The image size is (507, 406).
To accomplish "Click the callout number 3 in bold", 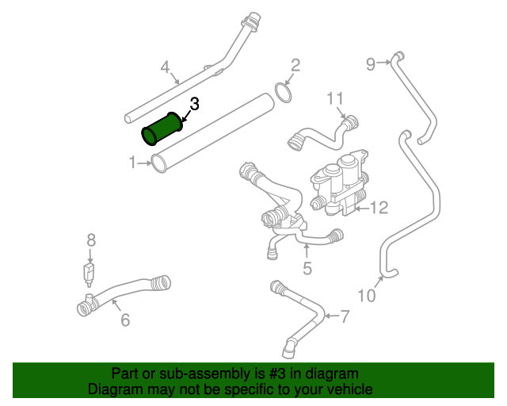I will click(x=195, y=104).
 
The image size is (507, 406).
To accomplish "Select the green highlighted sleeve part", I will click(x=162, y=129).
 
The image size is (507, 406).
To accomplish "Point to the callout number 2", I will click(x=295, y=65).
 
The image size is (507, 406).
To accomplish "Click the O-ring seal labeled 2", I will click(x=283, y=96).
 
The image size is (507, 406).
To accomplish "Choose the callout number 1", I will click(x=133, y=163).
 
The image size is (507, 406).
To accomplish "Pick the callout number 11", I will click(x=336, y=98).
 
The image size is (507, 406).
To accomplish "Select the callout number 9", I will click(x=371, y=64).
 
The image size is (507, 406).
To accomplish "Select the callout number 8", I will click(x=91, y=239).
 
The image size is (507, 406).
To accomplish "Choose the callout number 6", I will click(x=125, y=320).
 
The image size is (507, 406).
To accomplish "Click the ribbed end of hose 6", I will click(x=160, y=281).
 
